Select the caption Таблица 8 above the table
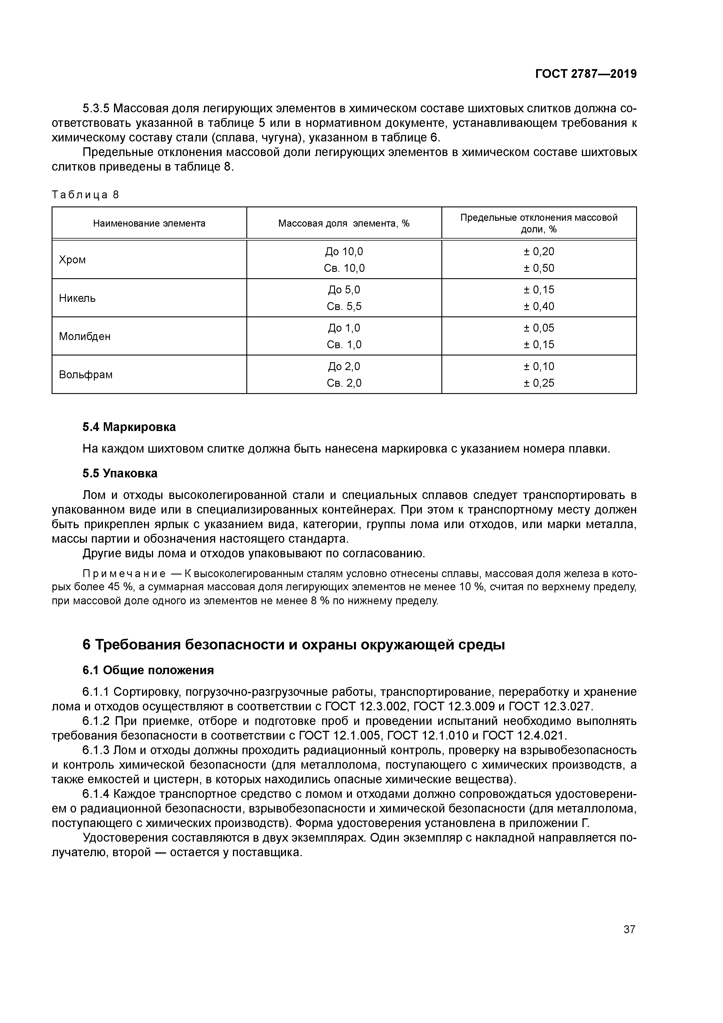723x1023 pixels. pyautogui.click(x=85, y=195)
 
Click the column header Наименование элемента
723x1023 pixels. pyautogui.click(x=149, y=223)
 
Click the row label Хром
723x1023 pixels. pyautogui.click(x=72, y=260)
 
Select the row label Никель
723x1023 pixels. pyautogui.click(x=77, y=298)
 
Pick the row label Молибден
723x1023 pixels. pyautogui.click(x=85, y=337)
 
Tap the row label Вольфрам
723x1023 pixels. pyautogui.click(x=85, y=375)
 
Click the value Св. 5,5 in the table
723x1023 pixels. pyautogui.click(x=344, y=306)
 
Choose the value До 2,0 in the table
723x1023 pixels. pyautogui.click(x=344, y=366)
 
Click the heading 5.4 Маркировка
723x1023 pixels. pyautogui.click(x=129, y=427)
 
